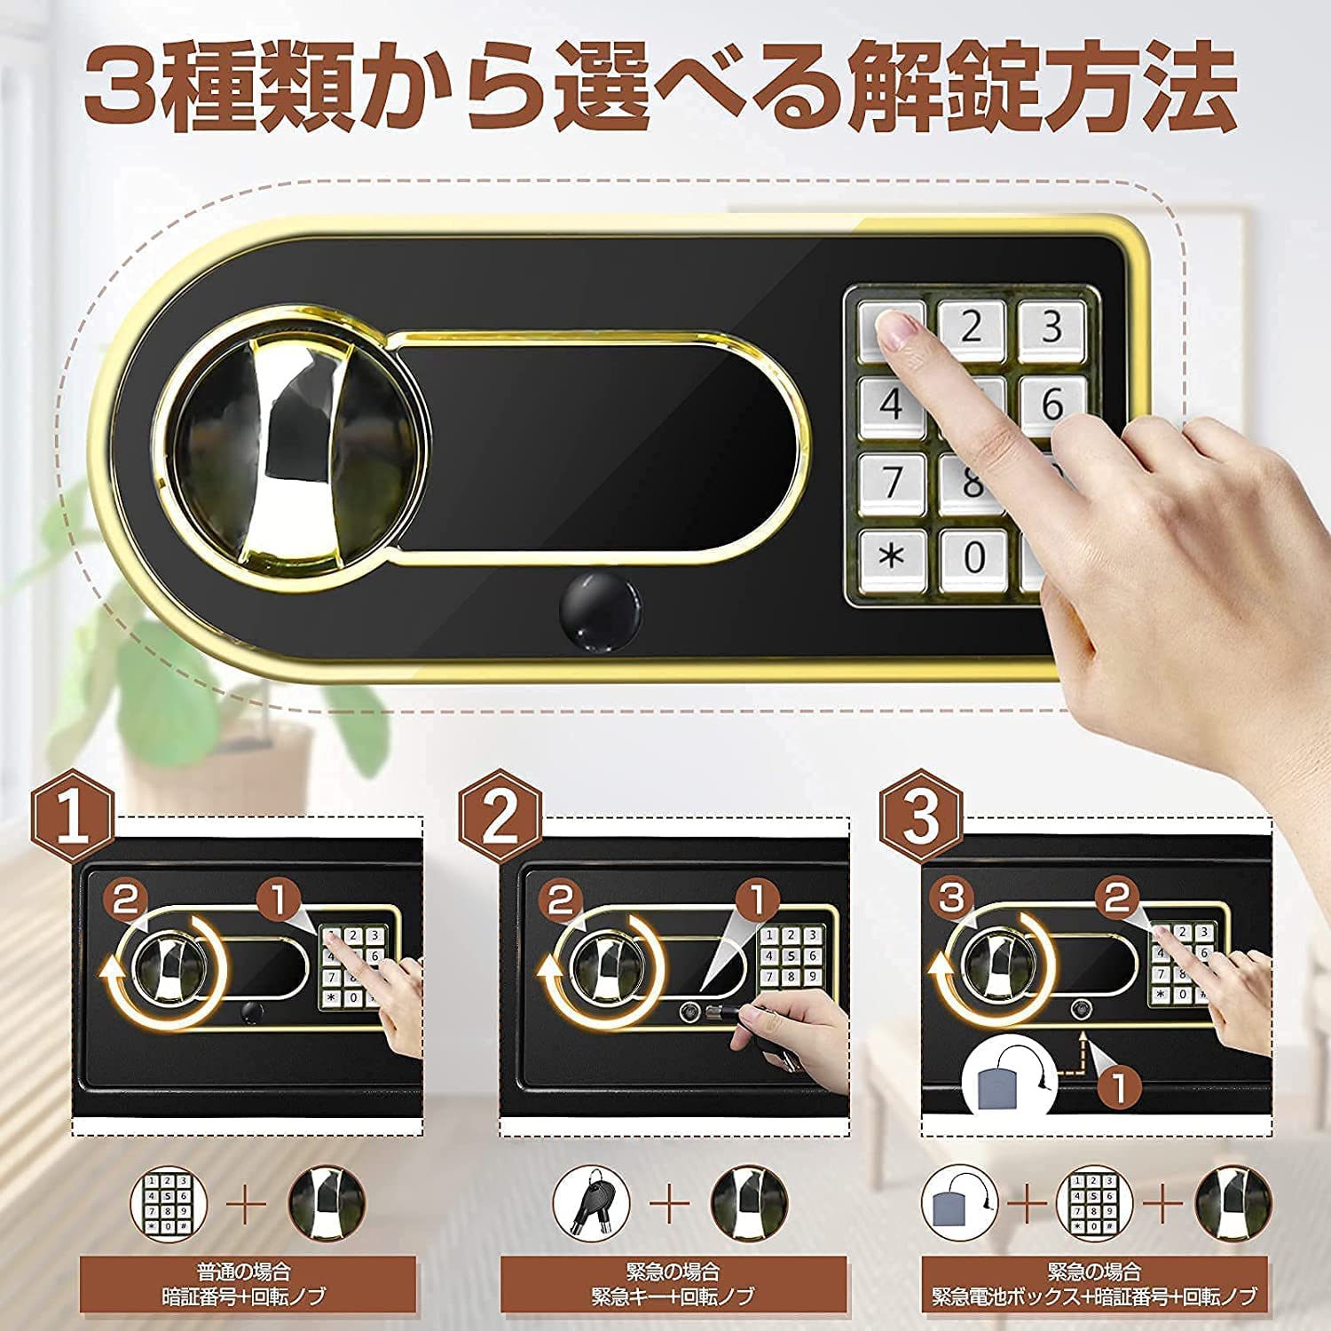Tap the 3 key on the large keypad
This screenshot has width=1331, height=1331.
point(1051,327)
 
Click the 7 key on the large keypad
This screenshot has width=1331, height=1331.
point(891,482)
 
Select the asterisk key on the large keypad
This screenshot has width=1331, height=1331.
point(891,557)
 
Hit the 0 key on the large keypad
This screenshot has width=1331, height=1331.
point(973,557)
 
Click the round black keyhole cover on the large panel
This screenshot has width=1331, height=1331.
point(601,612)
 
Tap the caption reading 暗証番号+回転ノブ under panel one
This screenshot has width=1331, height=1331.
point(245,1296)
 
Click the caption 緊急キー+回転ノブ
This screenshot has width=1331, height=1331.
point(673,1296)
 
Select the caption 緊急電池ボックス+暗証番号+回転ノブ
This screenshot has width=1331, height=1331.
point(1094,1296)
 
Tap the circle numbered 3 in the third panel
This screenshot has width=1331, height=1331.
point(951,899)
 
